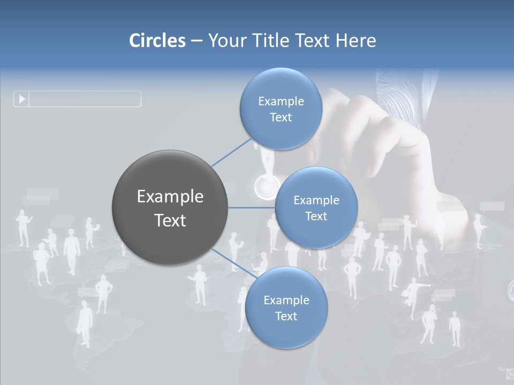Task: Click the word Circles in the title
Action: (x=157, y=40)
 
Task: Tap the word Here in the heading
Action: (x=356, y=40)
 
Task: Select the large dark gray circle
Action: (x=170, y=207)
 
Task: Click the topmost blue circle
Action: (x=281, y=109)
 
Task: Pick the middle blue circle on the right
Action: (x=316, y=207)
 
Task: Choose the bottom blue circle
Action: (x=286, y=307)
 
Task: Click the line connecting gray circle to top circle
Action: (x=231, y=152)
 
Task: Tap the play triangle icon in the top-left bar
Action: (x=22, y=99)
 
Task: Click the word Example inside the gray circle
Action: (x=170, y=196)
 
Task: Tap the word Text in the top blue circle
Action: (x=281, y=117)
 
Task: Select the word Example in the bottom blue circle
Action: (x=286, y=300)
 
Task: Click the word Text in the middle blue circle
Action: (x=316, y=216)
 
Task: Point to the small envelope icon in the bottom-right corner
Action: (x=510, y=374)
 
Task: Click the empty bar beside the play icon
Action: (x=85, y=99)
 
